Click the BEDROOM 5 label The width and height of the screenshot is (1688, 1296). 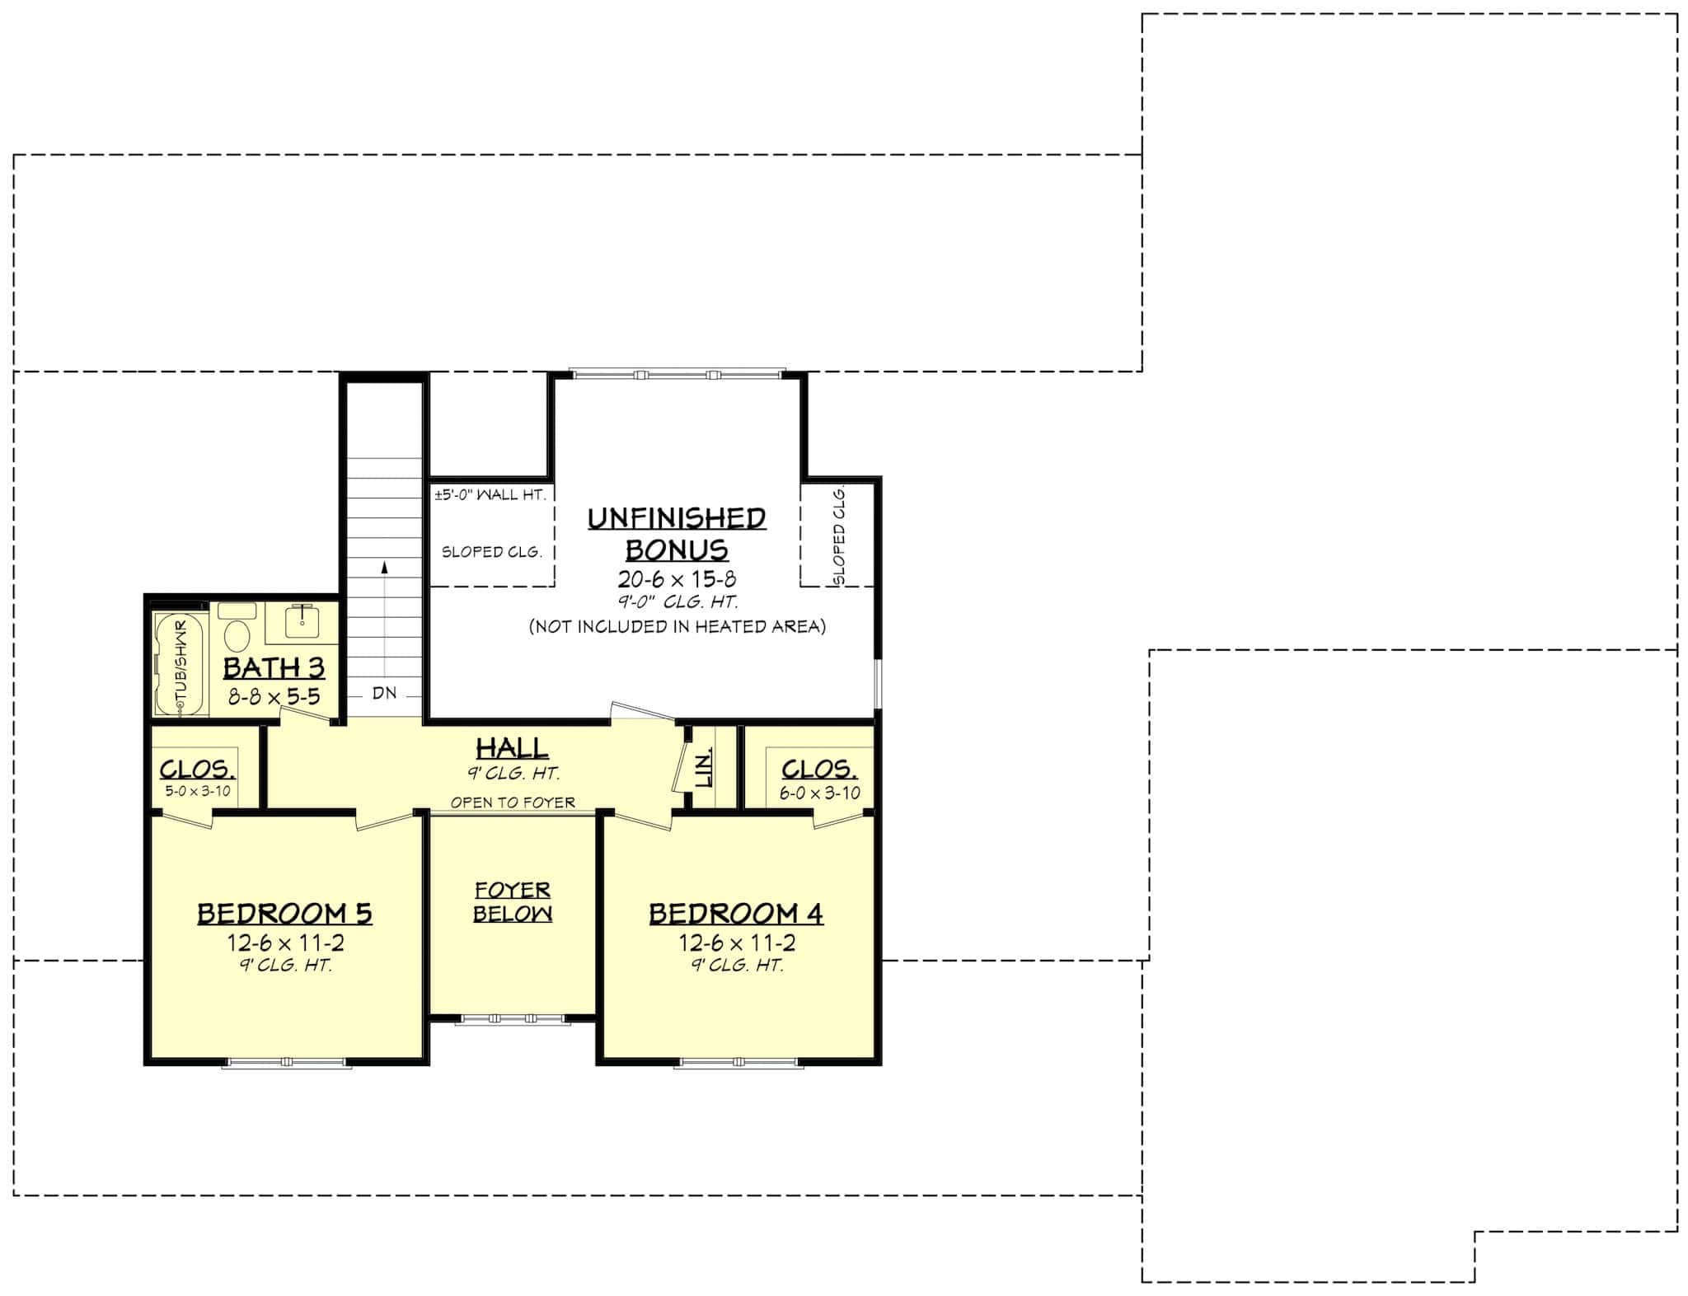point(284,913)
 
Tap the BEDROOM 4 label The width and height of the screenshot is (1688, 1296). point(736,913)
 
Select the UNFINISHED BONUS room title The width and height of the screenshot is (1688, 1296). point(677,533)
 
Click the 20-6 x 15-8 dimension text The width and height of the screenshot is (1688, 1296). point(677,579)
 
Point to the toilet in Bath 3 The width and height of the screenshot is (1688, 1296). point(237,636)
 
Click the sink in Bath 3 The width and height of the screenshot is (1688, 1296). point(302,620)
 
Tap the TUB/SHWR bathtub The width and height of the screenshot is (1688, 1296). point(176,664)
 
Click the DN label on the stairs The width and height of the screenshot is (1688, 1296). point(384,693)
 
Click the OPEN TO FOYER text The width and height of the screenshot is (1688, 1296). point(513,802)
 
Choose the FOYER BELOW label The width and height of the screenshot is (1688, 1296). point(513,901)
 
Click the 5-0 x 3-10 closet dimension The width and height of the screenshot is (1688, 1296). point(198,791)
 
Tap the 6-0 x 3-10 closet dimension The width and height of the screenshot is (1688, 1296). point(819,793)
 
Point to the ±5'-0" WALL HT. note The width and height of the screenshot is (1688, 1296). point(490,494)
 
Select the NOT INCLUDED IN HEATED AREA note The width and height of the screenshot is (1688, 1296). point(677,626)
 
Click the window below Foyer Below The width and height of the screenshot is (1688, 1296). point(513,1019)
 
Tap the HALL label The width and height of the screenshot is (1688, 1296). point(513,748)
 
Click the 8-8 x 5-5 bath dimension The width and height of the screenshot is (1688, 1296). point(274,697)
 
